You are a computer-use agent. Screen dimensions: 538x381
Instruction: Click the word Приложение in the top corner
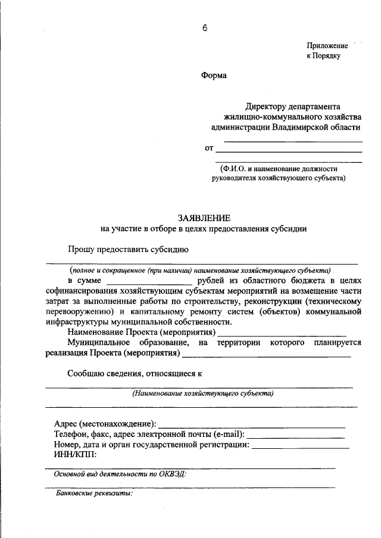click(x=327, y=46)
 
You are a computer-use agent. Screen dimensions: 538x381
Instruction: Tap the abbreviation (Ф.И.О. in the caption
click(x=235, y=168)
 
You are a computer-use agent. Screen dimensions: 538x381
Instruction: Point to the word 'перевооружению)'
click(x=80, y=311)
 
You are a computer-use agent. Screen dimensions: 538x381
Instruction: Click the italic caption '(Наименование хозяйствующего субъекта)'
click(x=203, y=394)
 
